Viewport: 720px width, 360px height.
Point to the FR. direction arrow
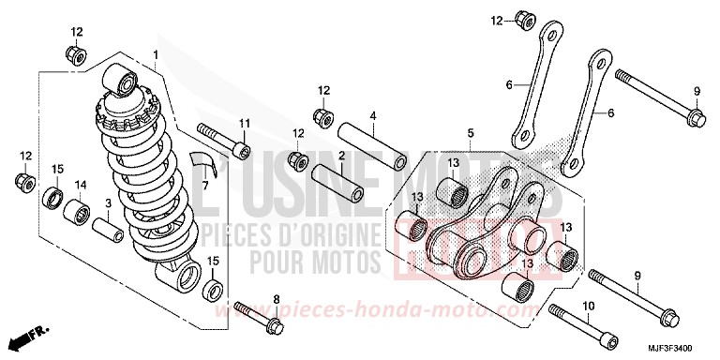[x=25, y=334]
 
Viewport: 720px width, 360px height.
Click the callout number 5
[x=471, y=135]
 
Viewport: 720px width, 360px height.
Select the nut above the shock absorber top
[x=75, y=52]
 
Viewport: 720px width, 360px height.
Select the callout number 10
[x=589, y=306]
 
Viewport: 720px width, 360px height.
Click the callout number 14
[x=82, y=185]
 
